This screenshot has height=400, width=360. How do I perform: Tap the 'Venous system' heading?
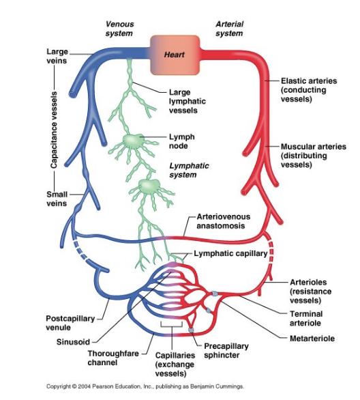point(119,29)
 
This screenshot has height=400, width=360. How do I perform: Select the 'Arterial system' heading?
point(229,29)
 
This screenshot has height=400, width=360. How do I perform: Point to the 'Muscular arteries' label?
point(313,156)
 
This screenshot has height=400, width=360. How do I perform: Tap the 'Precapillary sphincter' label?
point(227,351)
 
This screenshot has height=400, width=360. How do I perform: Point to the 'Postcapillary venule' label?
point(71,323)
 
